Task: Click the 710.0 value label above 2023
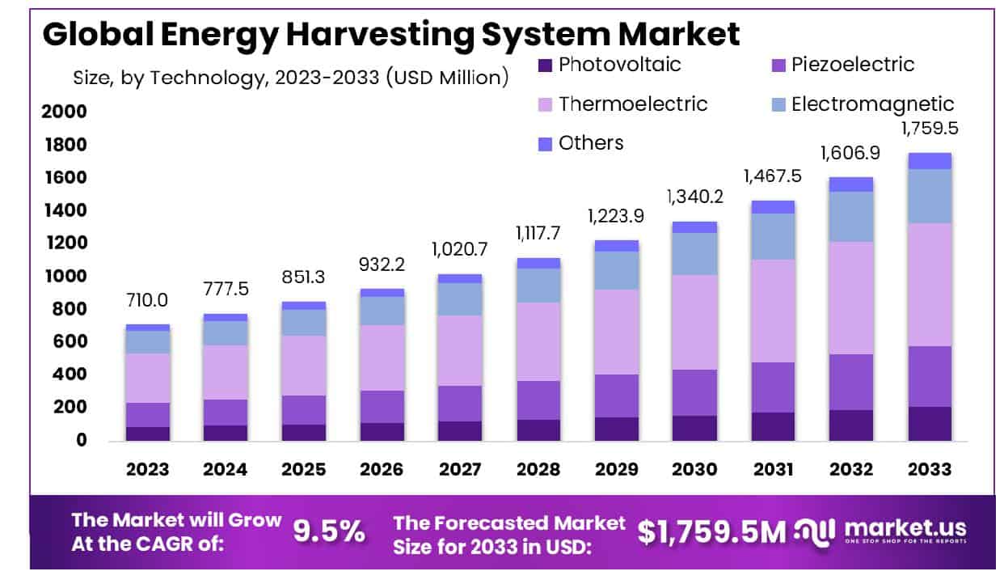[147, 301]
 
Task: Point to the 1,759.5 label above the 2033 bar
[929, 129]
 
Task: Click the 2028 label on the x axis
[538, 469]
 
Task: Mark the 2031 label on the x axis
[772, 469]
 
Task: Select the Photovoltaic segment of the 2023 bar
[147, 434]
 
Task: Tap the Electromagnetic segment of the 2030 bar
[694, 254]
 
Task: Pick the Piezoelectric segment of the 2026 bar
[382, 407]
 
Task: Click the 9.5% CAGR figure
[328, 531]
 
